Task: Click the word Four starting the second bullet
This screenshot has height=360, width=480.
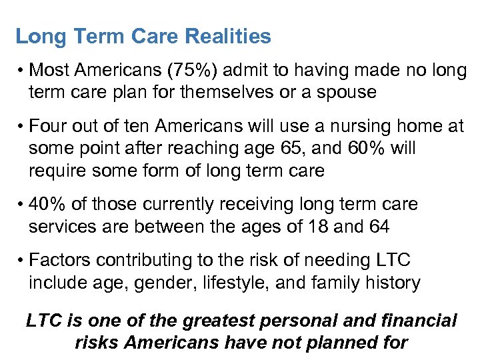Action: click(51, 126)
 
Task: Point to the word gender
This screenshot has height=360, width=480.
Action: click(153, 283)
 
